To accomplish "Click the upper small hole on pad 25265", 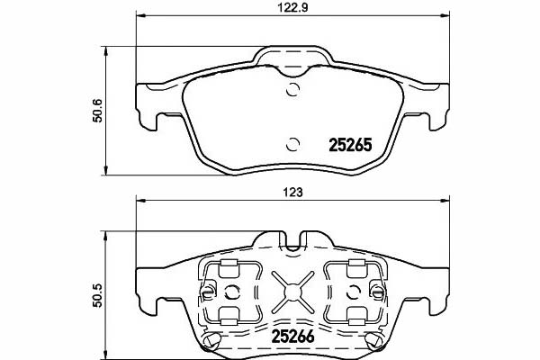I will tap(292, 87).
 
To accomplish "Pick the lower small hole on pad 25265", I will tap(292, 141).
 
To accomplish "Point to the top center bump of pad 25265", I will tap(292, 59).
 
